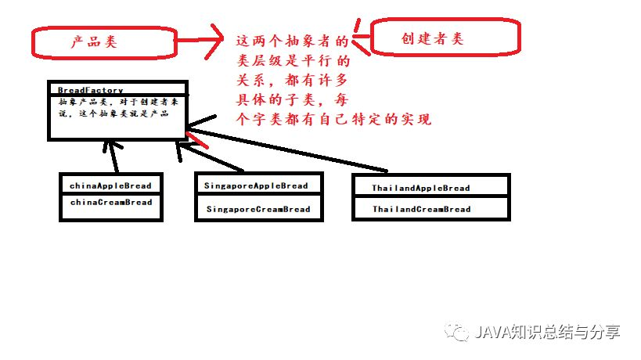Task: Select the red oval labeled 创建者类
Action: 443,38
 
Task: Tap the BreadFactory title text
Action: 90,91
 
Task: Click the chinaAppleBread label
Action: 110,186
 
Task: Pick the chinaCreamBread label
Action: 110,202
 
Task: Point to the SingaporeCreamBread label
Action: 258,209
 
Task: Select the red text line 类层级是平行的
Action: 290,60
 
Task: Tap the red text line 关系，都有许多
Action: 290,80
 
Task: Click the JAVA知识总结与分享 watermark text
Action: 547,332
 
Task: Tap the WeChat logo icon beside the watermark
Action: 459,332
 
